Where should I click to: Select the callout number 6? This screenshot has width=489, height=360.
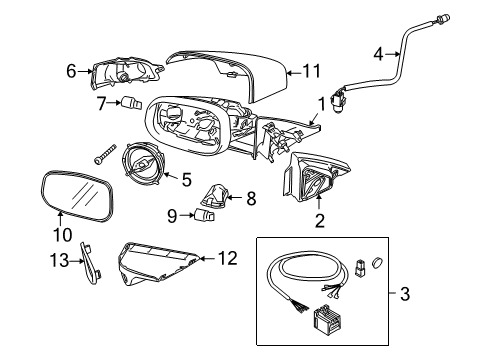[71, 70]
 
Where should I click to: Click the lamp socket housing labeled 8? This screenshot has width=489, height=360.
[217, 193]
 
